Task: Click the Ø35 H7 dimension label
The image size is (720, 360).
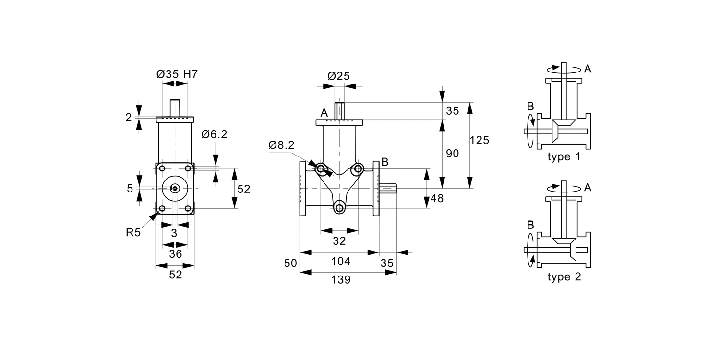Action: click(x=177, y=74)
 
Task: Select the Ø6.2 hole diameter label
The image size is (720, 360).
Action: click(x=214, y=134)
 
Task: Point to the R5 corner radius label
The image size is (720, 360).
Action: click(x=134, y=233)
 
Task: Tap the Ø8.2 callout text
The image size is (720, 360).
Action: click(x=281, y=145)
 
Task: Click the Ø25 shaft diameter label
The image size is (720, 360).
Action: click(x=338, y=76)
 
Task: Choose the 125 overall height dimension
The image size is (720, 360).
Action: click(x=479, y=140)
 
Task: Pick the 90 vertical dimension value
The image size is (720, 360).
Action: click(x=452, y=154)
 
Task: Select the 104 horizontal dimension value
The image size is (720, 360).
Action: click(x=341, y=261)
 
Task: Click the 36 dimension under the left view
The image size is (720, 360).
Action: click(x=176, y=253)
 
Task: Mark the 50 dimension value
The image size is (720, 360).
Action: click(x=290, y=263)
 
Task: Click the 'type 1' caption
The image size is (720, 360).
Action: click(x=564, y=157)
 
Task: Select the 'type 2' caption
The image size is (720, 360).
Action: click(x=564, y=277)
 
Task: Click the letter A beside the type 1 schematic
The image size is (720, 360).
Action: click(x=588, y=69)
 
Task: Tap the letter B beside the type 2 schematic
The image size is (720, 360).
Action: click(x=530, y=225)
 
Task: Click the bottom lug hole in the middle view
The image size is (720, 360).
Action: click(x=339, y=208)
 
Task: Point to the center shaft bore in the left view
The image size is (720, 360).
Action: click(x=175, y=189)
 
